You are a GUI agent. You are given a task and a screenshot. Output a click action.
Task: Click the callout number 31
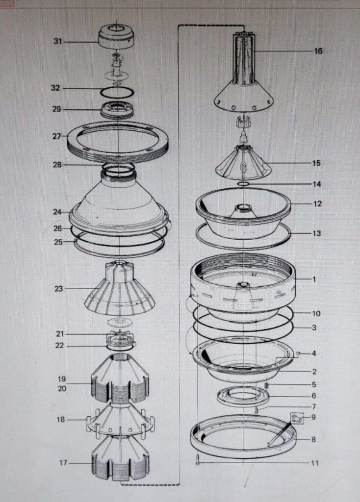click(58, 42)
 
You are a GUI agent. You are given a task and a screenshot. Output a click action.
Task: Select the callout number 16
click(318, 51)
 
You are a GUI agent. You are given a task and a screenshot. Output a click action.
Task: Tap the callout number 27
click(57, 136)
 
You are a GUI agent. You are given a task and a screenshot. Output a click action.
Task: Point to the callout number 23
click(59, 289)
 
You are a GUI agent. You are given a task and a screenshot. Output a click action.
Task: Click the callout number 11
click(314, 463)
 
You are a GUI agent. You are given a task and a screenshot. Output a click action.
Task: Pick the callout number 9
click(313, 417)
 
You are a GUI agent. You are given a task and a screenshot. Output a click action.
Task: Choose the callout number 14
click(317, 184)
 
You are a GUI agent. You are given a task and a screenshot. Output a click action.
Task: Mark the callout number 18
click(61, 419)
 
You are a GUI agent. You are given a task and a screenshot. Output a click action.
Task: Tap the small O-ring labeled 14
click(243, 184)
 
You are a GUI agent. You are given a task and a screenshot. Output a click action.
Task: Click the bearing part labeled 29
click(117, 109)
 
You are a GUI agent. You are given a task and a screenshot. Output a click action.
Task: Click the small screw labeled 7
click(256, 410)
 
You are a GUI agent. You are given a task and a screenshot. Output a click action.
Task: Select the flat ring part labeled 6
click(243, 396)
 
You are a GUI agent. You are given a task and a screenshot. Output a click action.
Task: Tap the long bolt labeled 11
click(197, 459)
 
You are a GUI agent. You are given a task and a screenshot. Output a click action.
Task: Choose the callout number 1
click(314, 279)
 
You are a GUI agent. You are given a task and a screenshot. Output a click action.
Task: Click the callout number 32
click(55, 88)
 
